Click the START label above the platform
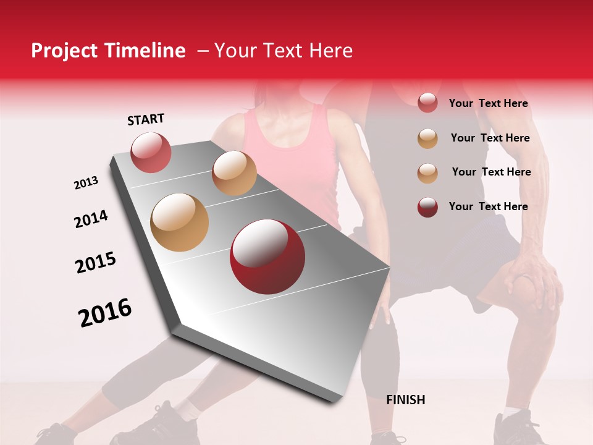tap(146, 119)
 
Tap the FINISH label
tap(405, 400)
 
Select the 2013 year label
tap(86, 183)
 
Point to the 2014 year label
tap(91, 219)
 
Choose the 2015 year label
tap(96, 263)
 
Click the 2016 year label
tap(105, 312)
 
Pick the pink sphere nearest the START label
tap(151, 152)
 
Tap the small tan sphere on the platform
tap(234, 173)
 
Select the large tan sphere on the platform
tap(180, 222)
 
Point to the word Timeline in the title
tap(146, 51)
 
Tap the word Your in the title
tap(234, 51)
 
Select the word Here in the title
tap(331, 51)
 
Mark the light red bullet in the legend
tap(427, 103)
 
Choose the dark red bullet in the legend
tap(427, 207)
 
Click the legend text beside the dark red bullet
tap(488, 206)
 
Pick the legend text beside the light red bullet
tap(488, 103)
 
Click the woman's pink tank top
tap(290, 161)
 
